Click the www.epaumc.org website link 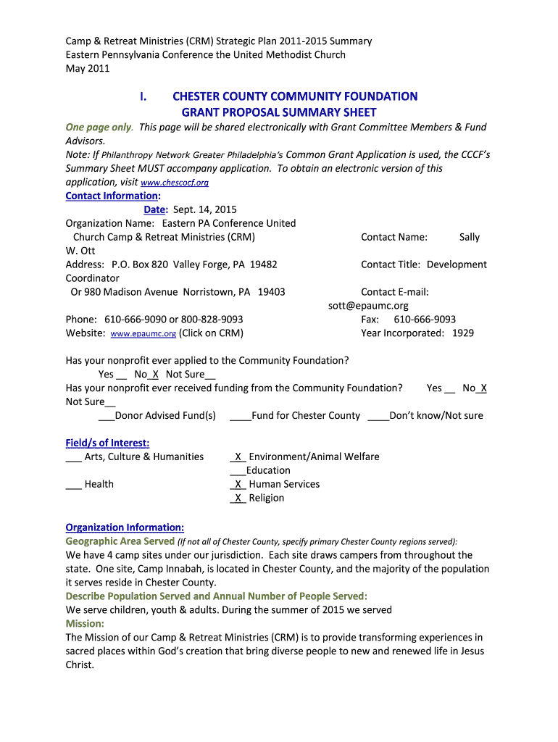(143, 334)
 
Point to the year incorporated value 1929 (463, 333)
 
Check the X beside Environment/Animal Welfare (238, 457)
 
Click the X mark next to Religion (238, 499)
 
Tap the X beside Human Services (238, 485)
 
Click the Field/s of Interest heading (107, 443)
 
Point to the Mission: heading (85, 623)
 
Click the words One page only (99, 128)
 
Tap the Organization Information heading (125, 528)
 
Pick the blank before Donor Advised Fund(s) (106, 417)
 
